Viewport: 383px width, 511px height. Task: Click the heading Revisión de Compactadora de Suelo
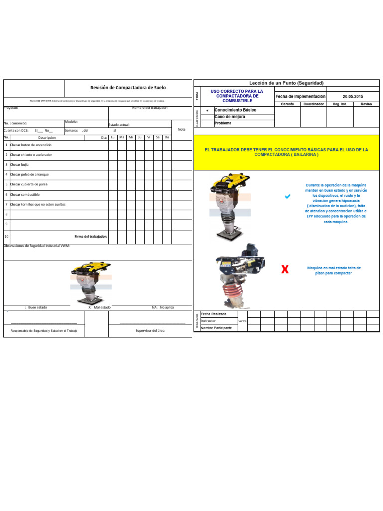(128, 88)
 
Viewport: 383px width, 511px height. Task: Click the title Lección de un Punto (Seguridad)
(286, 83)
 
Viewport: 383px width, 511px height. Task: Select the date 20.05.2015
(353, 96)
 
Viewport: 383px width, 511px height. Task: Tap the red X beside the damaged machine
(285, 270)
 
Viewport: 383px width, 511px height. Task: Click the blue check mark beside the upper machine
(287, 197)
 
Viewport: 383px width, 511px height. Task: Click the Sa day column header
(158, 137)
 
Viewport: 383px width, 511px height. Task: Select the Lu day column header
(113, 137)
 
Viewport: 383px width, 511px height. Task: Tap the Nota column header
(181, 129)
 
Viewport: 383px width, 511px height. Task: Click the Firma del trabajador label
(91, 236)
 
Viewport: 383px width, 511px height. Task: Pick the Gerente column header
(287, 104)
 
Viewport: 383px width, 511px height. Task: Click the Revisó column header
(366, 104)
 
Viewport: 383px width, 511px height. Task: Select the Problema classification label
(223, 123)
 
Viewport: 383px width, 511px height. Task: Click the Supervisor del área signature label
(150, 331)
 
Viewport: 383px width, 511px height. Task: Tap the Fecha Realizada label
(214, 314)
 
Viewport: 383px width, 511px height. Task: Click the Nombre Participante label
(217, 328)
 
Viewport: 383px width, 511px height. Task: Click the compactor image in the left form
(91, 283)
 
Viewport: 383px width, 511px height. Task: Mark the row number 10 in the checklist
(6, 236)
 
